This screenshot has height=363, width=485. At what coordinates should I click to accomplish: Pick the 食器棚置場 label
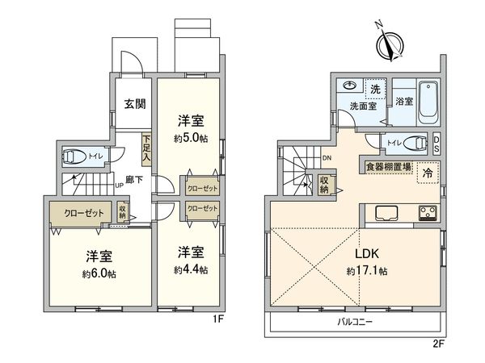click(x=387, y=167)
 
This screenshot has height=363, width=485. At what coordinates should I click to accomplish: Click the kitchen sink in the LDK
click(x=382, y=213)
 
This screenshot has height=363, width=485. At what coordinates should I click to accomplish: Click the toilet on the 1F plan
click(x=75, y=156)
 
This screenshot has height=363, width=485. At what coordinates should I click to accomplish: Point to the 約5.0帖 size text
click(x=191, y=138)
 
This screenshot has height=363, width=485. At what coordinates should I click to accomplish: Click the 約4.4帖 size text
click(x=191, y=269)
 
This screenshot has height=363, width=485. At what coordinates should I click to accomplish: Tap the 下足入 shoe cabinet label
click(x=147, y=148)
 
